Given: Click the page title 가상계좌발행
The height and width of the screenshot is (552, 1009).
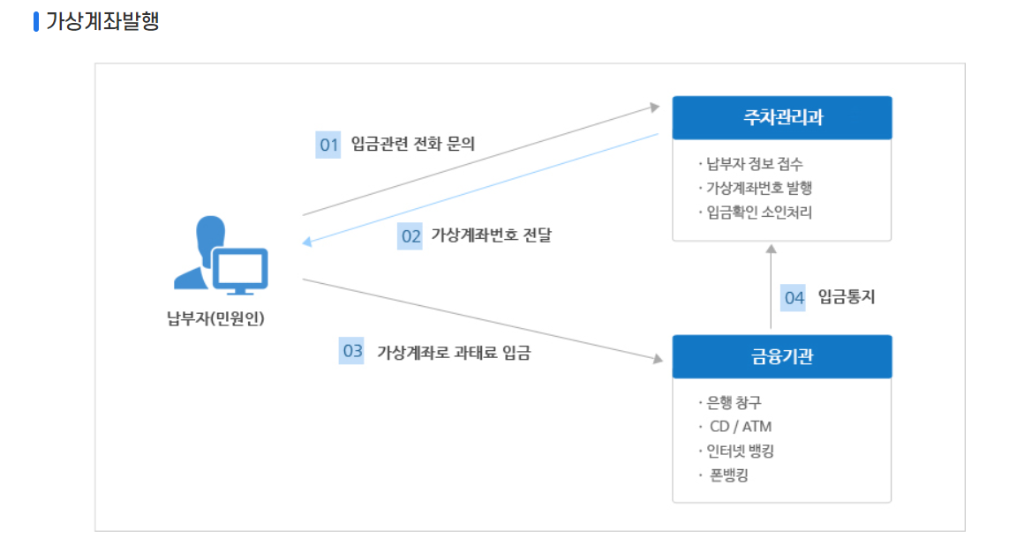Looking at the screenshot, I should [102, 21].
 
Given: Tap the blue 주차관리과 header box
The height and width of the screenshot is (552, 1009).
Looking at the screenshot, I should [782, 117].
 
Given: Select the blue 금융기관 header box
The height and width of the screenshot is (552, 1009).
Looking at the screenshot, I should [782, 356].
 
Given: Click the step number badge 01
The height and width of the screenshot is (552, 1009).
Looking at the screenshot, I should [328, 145].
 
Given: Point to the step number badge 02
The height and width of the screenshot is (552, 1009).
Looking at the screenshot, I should [410, 236].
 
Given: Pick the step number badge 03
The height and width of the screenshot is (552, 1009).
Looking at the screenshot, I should [352, 351].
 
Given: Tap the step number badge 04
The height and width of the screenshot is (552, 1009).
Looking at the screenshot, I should [794, 298].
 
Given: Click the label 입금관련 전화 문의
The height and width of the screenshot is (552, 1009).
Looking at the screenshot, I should [412, 144].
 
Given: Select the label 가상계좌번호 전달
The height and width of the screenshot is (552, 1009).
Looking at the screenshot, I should [491, 235].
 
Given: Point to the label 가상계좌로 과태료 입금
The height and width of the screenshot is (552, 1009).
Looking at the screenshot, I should [454, 352].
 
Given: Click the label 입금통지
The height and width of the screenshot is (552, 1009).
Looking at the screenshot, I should [846, 297].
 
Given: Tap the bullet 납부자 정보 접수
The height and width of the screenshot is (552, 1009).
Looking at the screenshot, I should [755, 163].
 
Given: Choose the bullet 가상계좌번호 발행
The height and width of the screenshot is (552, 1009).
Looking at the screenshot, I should [758, 188].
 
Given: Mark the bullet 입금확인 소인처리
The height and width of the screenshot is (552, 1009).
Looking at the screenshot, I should [759, 213].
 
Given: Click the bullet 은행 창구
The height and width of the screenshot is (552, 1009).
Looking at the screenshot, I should [734, 403].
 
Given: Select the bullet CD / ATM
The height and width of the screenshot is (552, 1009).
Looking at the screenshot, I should [741, 427].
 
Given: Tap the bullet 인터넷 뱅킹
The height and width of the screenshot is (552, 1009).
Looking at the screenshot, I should [741, 451].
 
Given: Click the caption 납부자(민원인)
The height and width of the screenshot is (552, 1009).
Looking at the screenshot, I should [215, 317].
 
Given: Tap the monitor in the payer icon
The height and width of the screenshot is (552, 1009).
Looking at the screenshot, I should [238, 268].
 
